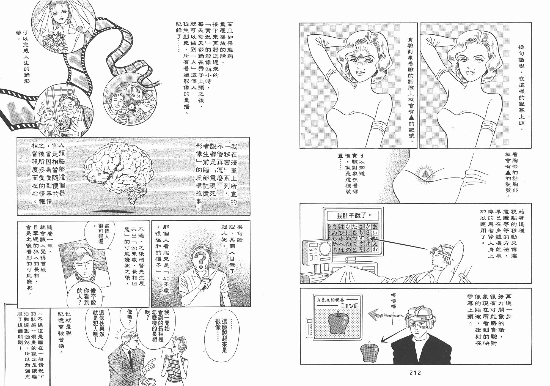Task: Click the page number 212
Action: [x=415, y=373]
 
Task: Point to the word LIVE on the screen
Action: [x=350, y=306]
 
